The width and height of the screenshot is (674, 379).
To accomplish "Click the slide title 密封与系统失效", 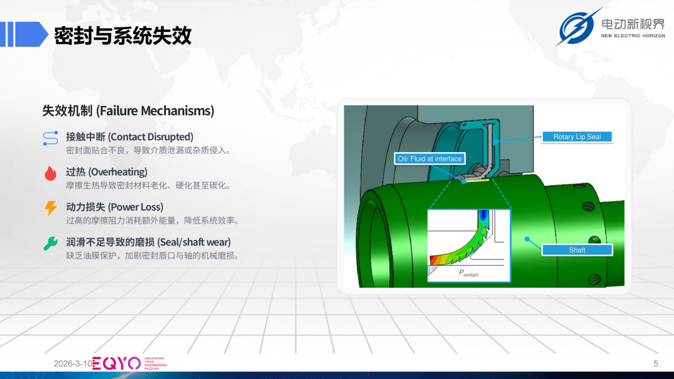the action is click(122, 35).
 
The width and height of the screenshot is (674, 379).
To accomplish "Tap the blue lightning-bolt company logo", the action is click(577, 27).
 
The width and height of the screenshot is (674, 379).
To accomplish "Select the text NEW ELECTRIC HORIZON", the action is click(633, 36).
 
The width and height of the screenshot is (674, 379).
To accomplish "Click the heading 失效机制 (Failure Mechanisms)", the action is click(128, 111).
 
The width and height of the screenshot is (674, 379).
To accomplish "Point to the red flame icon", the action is click(51, 173).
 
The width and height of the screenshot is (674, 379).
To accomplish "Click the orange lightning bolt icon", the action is click(51, 208).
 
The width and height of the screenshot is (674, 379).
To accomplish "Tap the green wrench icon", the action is click(51, 243).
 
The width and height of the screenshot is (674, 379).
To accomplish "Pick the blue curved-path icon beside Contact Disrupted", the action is click(51, 138).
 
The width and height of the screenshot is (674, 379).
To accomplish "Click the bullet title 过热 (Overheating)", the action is click(107, 172).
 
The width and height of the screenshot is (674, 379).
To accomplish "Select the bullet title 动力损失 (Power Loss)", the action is click(114, 207).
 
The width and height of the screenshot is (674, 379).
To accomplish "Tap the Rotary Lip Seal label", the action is click(577, 137).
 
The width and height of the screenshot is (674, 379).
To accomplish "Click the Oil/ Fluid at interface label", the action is click(429, 159).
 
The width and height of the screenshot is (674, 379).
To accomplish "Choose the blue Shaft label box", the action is click(577, 250).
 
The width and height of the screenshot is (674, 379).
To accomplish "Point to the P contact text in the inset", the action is click(469, 273).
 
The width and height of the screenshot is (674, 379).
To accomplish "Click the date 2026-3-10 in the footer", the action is click(72, 363).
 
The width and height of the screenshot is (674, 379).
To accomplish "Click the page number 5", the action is click(655, 363).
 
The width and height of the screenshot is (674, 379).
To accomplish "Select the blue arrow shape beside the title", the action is click(24, 34).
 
